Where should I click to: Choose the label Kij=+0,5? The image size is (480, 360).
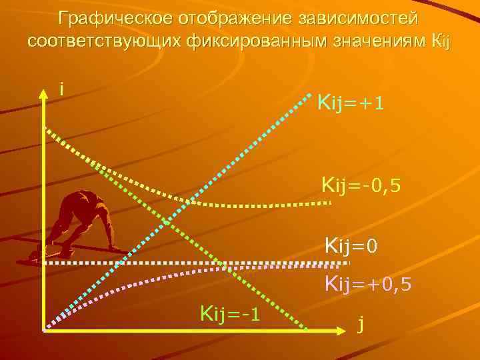(x=368, y=285)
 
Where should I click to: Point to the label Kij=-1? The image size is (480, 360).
(x=229, y=312)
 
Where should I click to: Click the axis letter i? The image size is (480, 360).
(x=61, y=89)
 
